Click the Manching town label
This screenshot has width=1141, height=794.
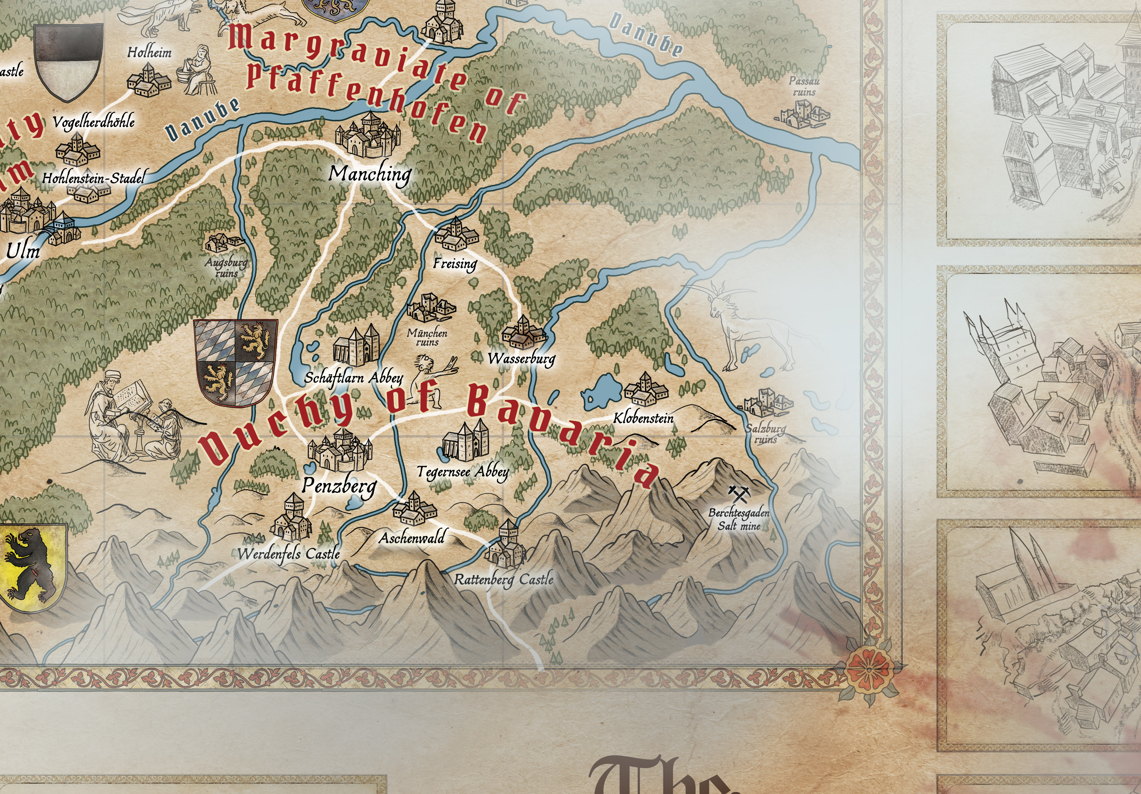point(370,174)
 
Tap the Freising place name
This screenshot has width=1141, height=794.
point(455,264)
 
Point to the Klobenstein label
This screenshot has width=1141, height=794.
point(643,418)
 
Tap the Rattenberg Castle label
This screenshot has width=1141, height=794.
point(503,579)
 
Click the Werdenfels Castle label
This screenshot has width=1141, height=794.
point(289,553)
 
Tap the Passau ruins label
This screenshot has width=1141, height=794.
point(804,86)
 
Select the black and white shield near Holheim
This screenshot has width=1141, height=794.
point(69,62)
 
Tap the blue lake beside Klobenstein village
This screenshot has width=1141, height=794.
point(601,390)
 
